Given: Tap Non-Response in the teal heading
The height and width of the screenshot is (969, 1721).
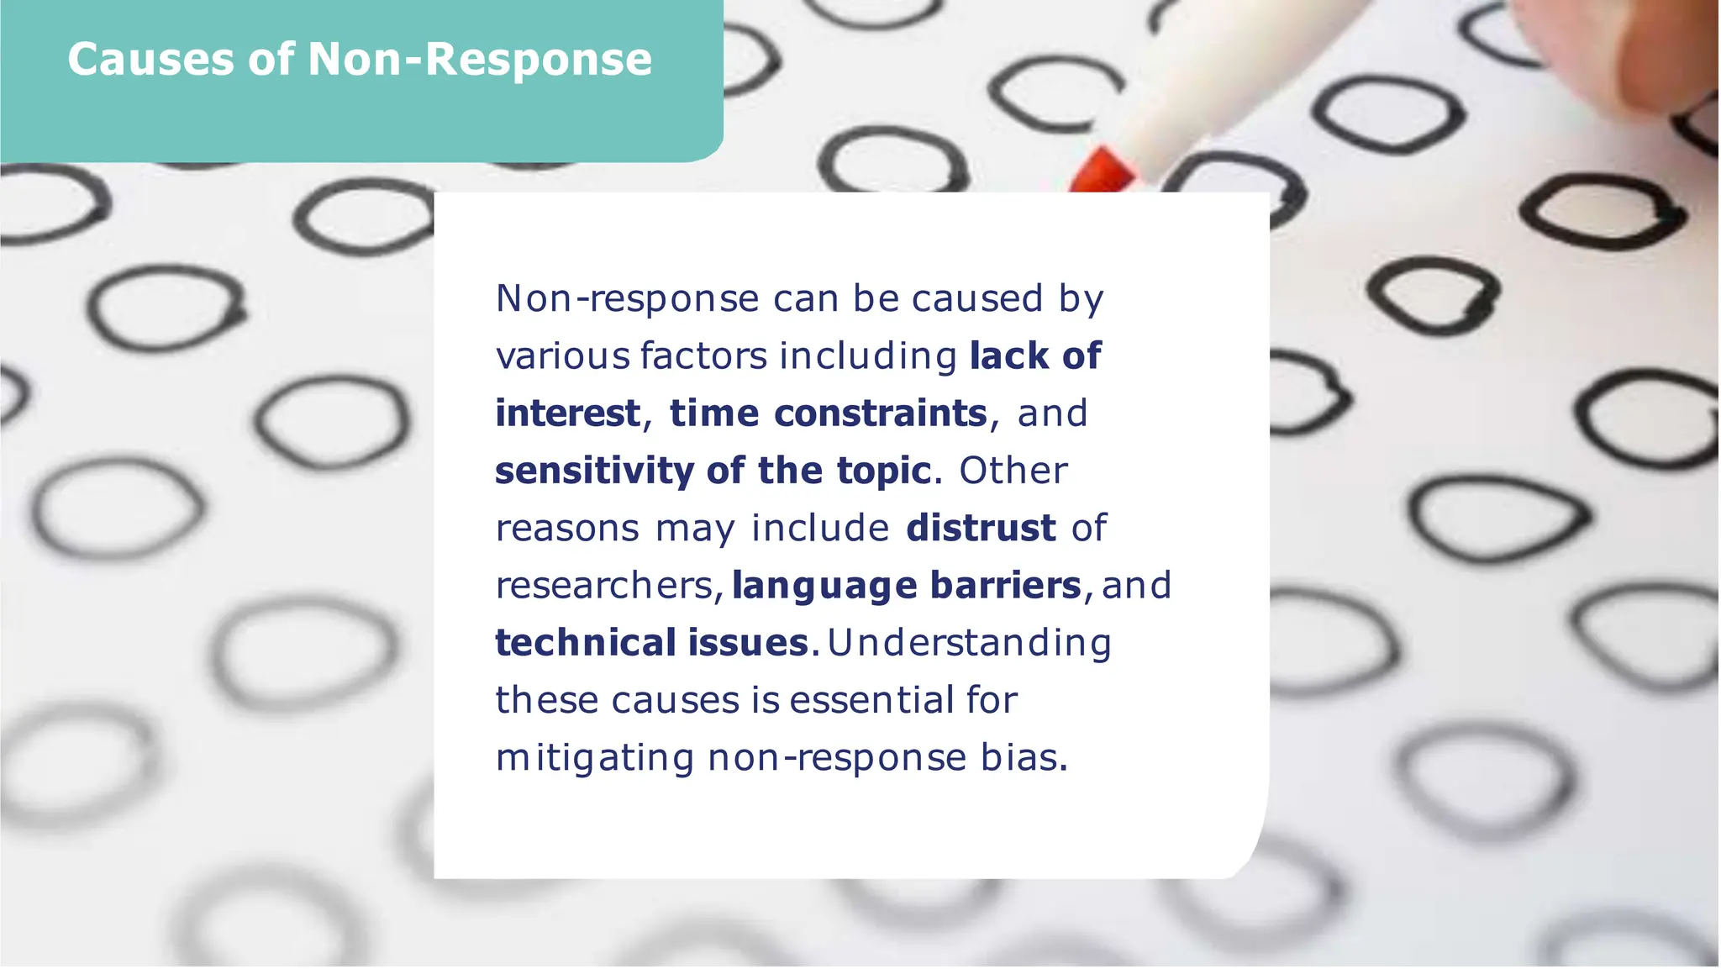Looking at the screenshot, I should (480, 60).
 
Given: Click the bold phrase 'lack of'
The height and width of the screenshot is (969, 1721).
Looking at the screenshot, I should (1034, 355).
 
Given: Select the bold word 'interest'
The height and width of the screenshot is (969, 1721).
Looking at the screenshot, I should (567, 413).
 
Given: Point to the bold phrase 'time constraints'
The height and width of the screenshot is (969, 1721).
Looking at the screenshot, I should (828, 413).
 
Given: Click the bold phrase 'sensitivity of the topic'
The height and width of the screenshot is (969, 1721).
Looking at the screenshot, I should (713, 471).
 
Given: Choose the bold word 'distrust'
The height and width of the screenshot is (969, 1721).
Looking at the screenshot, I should (981, 528).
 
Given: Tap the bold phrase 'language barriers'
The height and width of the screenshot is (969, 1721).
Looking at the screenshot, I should (906, 586).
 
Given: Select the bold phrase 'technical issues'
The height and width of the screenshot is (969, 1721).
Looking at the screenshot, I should (651, 643).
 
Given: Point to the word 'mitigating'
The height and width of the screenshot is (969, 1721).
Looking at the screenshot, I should (594, 758).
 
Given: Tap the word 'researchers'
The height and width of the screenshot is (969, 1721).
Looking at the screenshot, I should (604, 586).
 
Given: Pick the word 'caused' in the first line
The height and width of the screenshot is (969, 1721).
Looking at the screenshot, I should (976, 298).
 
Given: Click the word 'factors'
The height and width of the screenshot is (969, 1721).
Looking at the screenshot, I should (703, 356).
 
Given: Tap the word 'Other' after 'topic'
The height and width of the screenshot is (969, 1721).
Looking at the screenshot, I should (1013, 471).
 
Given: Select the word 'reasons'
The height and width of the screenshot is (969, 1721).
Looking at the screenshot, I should (567, 529).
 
